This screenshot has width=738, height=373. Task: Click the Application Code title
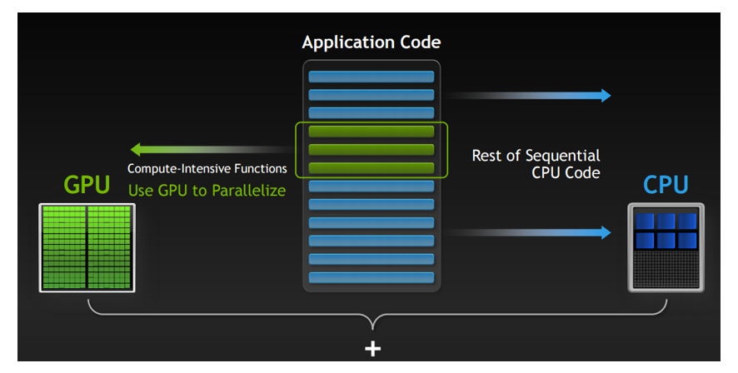pos(371,42)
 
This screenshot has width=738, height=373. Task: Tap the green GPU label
pos(87,184)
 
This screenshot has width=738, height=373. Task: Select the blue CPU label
pos(666,184)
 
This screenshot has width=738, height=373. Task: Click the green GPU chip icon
pos(87,248)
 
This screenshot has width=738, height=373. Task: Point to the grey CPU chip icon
pos(666,247)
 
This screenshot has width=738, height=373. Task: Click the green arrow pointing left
pos(212,150)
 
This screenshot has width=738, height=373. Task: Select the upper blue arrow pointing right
pos(527,96)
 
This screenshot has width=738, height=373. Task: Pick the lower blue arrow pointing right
pos(527,232)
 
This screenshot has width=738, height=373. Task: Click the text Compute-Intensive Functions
pos(207,169)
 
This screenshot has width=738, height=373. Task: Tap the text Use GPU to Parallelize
pos(207,191)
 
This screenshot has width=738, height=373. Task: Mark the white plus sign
pos(373,349)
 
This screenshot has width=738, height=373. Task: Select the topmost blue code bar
pos(371,77)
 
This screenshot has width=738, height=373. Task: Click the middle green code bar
pos(371,150)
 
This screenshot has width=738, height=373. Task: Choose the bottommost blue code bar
pos(371,277)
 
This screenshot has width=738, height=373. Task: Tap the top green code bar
pos(371,132)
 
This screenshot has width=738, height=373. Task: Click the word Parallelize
pos(248,191)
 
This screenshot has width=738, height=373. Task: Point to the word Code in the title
pos(421,42)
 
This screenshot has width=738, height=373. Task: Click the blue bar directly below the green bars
pos(371,186)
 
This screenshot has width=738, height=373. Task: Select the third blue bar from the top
pos(371,113)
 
